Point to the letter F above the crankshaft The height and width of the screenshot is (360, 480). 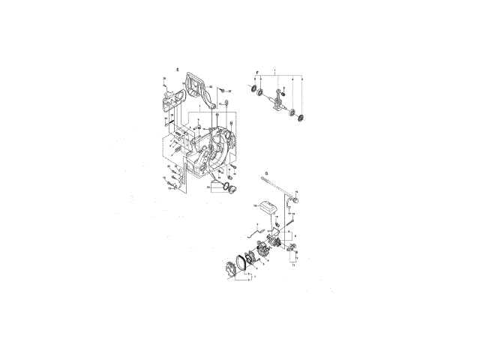257,73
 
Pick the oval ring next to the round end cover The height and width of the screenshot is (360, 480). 243,259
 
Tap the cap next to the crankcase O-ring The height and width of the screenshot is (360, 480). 230,189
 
